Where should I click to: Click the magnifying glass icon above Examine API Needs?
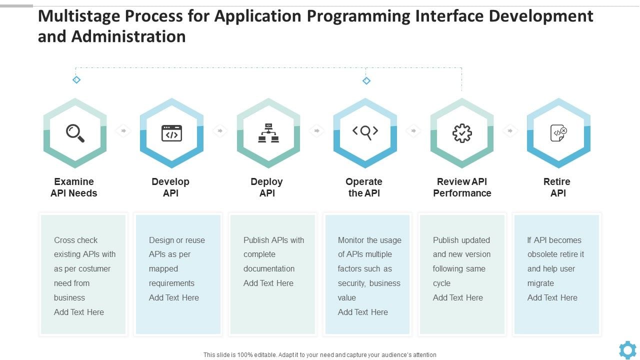point(75,133)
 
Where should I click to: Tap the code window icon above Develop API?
point(171,133)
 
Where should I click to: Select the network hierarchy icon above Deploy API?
point(268,133)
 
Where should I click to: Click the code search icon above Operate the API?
point(365,132)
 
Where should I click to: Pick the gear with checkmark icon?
point(462,133)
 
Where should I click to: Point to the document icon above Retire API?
point(558,133)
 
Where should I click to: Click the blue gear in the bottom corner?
point(627,349)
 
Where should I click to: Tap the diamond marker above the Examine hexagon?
point(76,79)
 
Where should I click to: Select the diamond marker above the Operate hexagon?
point(366,80)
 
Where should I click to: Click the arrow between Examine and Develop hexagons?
point(123,131)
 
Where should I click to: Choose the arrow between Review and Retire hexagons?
point(510,131)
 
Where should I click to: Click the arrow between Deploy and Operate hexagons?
point(316,131)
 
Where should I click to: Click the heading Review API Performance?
point(462,187)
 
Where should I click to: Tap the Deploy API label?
point(267,187)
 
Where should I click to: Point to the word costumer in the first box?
point(93,268)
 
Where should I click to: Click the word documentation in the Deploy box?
point(269,268)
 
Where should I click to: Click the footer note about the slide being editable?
point(320,354)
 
